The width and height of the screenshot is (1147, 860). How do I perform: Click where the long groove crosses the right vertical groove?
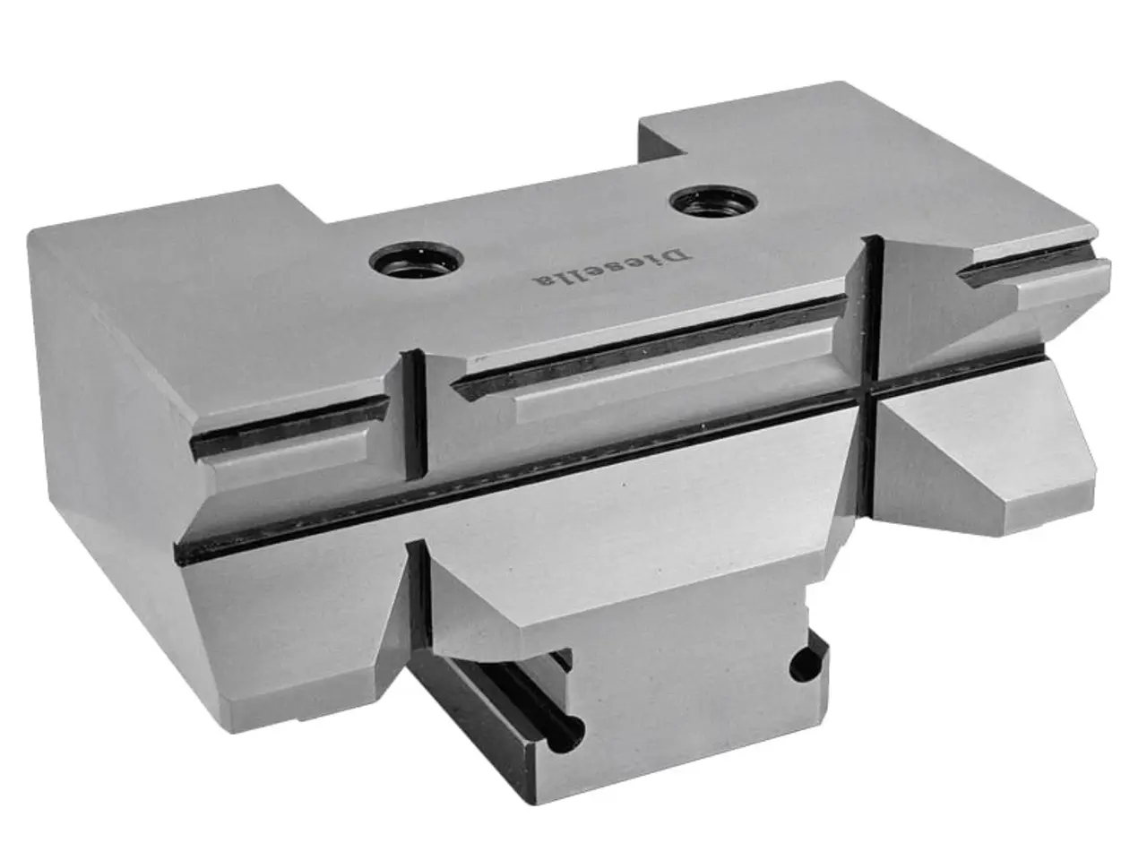click(867, 392)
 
